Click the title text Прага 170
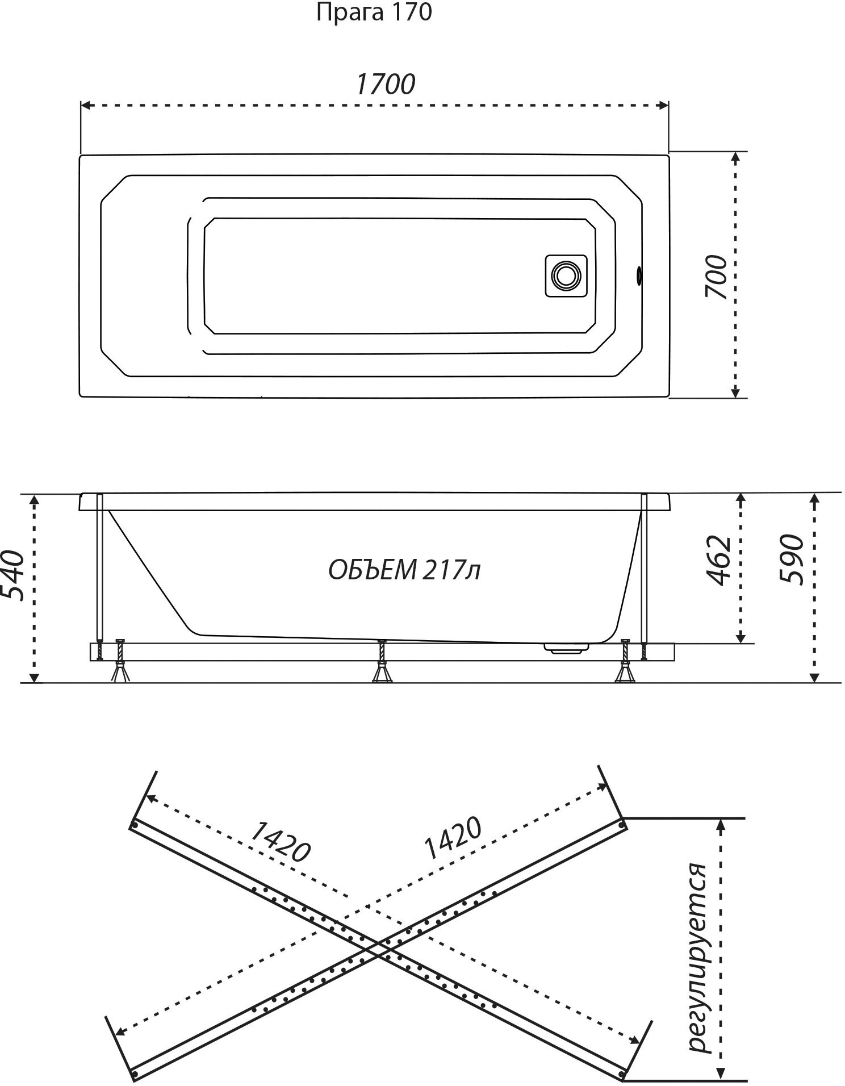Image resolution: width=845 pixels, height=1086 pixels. [x=374, y=12]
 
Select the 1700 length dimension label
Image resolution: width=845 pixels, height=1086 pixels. [x=385, y=85]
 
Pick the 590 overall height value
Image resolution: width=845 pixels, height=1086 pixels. [x=792, y=559]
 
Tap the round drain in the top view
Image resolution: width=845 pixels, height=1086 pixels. [x=566, y=275]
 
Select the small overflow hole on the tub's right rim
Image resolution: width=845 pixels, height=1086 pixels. [x=640, y=275]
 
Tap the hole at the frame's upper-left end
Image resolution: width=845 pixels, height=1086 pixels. [x=135, y=824]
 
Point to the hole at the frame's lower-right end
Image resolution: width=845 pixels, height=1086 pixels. [x=623, y=1072]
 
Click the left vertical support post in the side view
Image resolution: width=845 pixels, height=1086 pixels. [x=100, y=568]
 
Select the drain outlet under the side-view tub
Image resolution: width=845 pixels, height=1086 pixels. [x=566, y=648]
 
